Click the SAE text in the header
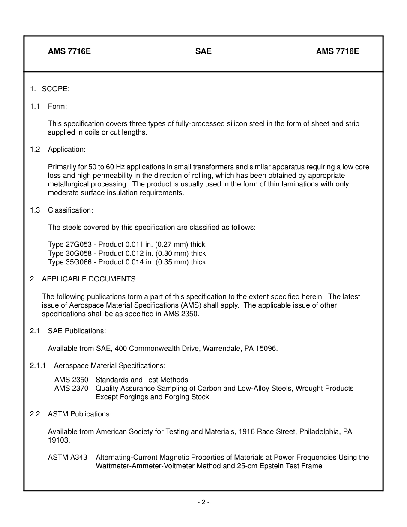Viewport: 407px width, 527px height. click(203, 51)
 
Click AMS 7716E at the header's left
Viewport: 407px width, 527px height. click(69, 51)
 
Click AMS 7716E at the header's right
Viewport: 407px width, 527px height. click(337, 51)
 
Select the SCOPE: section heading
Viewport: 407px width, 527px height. click(55, 89)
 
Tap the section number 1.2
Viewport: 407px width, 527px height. click(35, 149)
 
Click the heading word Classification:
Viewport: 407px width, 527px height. click(70, 210)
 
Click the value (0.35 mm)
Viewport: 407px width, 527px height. click(172, 262)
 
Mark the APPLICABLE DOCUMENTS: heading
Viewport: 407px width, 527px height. click(90, 279)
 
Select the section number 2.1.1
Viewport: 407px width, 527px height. click(38, 365)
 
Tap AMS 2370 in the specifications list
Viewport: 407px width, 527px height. click(71, 388)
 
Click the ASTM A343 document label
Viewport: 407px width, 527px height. click(67, 457)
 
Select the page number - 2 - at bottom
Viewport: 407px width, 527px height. click(203, 502)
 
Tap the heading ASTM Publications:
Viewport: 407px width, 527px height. click(80, 414)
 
